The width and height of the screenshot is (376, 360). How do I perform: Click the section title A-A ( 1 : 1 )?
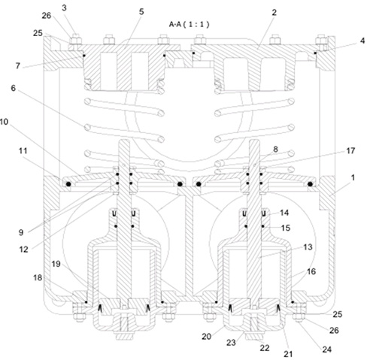190,24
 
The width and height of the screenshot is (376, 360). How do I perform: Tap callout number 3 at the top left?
64,8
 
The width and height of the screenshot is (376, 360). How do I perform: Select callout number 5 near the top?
141,11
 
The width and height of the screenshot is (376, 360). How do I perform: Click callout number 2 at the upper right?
274,12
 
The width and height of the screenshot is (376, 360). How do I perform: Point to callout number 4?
362,41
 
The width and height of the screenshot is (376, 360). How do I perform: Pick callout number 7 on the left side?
17,66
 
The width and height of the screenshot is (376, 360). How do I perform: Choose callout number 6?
13,88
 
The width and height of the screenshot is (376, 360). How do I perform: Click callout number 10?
4,122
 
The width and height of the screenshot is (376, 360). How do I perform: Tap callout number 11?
23,151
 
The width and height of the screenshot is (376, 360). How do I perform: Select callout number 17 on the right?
350,150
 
